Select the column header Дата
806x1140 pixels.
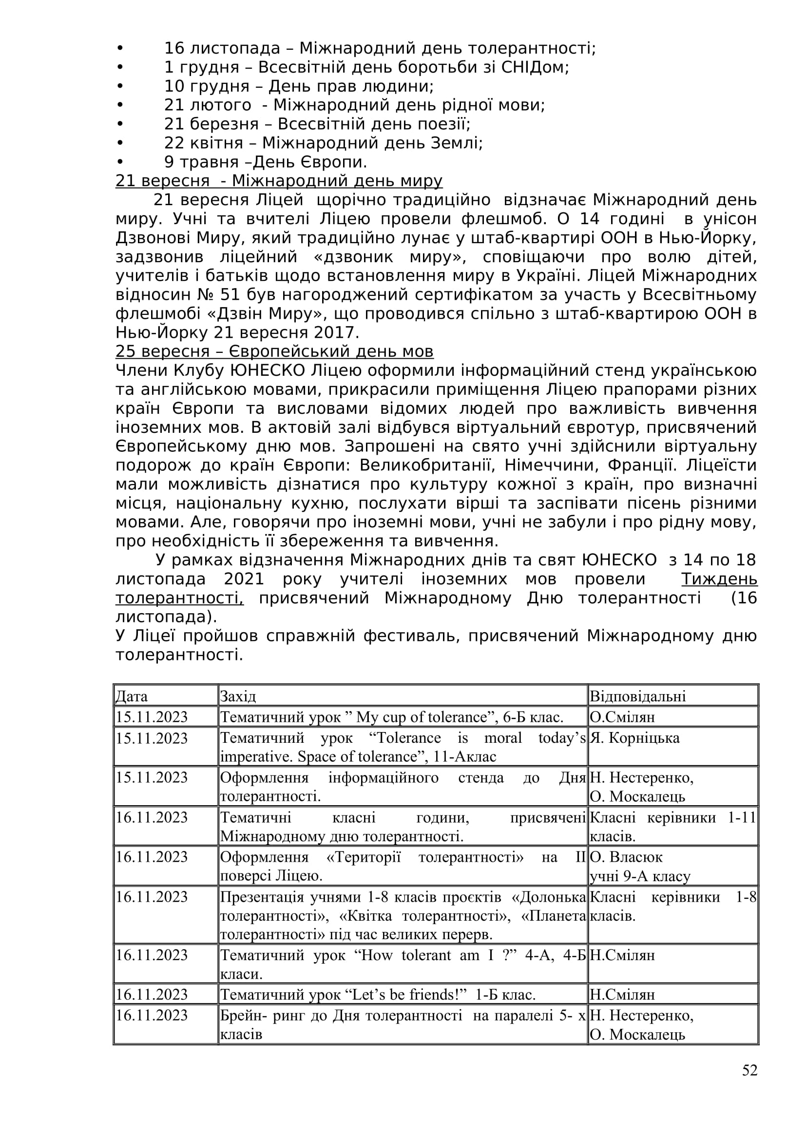pyautogui.click(x=132, y=696)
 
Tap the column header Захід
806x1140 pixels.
pyautogui.click(x=238, y=696)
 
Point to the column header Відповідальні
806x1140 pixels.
pyautogui.click(x=637, y=696)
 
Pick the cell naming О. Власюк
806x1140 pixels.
pyautogui.click(x=626, y=857)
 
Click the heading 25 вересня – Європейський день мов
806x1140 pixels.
pyautogui.click(x=274, y=351)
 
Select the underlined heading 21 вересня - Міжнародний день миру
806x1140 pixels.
pyautogui.click(x=279, y=181)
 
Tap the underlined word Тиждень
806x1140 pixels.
pyautogui.click(x=719, y=579)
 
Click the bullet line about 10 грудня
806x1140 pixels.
pyautogui.click(x=299, y=86)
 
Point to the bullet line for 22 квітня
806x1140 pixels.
pyautogui.click(x=324, y=143)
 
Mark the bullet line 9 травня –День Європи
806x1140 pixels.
pyautogui.click(x=266, y=162)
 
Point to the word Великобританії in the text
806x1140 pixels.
pyautogui.click(x=427, y=465)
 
